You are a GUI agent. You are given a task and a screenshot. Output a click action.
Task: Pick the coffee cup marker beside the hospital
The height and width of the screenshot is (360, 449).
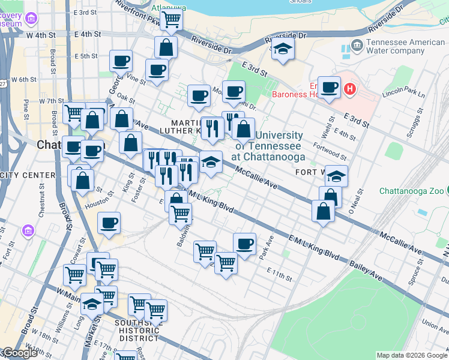click(329, 88)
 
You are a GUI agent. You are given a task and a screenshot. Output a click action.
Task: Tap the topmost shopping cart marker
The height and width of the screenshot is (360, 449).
click(172, 19)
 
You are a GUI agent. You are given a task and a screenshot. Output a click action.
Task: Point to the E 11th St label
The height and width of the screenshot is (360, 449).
click(280, 278)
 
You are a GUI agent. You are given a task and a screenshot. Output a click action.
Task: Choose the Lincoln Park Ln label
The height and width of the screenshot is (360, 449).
click(403, 95)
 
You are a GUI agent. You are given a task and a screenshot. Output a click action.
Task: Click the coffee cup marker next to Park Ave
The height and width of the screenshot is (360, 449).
click(244, 244)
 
